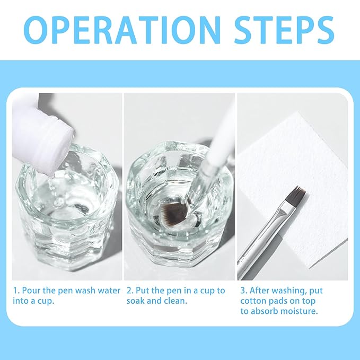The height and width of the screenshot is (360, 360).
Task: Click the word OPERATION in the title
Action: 122,30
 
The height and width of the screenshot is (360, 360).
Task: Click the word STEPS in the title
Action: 284,30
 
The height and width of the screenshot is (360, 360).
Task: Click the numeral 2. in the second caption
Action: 130,291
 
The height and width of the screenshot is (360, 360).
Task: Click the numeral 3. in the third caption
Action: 244,291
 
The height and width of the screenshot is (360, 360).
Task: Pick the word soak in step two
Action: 136,301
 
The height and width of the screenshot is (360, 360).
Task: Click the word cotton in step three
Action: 253,301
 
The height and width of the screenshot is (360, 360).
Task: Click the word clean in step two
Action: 177,301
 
